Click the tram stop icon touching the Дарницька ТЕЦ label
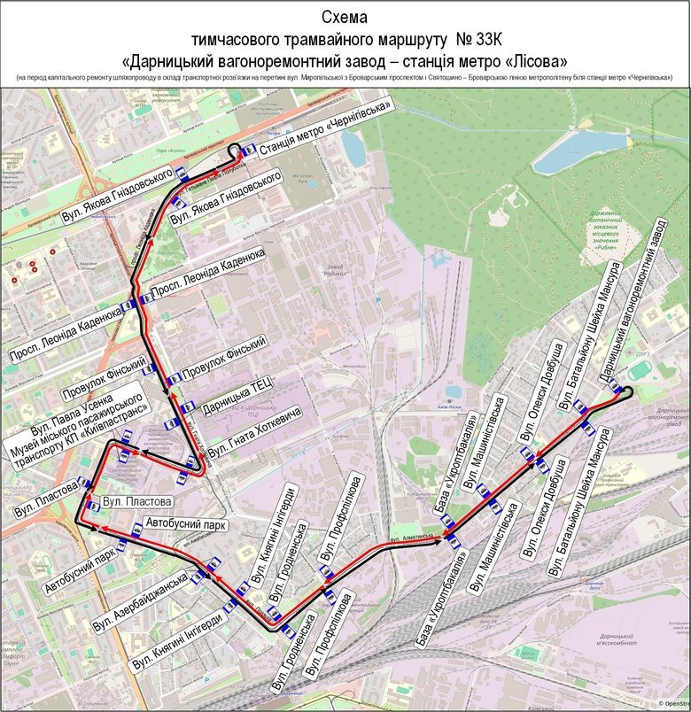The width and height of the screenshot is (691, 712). coord(187,408)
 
